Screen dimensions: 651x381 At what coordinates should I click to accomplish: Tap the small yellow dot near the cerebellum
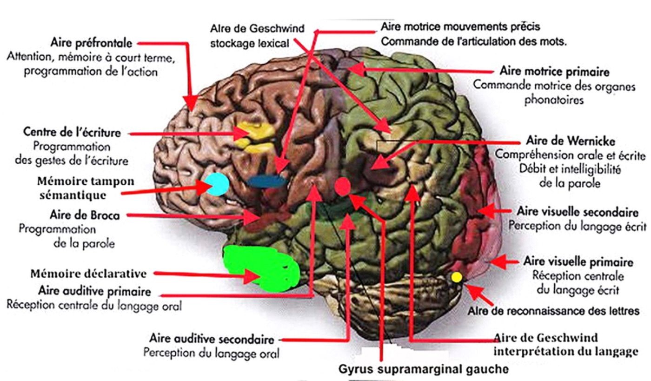coord(457,277)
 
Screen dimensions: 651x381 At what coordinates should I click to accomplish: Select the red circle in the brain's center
coord(343,186)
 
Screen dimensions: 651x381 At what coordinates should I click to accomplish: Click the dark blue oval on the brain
coord(266,181)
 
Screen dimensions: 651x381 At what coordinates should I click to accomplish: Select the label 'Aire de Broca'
coord(85,216)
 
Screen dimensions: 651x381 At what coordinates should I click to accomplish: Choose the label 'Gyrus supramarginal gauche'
coord(422,370)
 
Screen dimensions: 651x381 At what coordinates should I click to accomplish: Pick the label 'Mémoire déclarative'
coord(88,274)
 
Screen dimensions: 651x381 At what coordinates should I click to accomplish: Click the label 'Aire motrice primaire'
coord(554,72)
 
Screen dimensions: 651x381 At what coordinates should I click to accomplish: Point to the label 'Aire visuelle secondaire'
coord(577,212)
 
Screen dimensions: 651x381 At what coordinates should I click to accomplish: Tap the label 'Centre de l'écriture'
coord(72,132)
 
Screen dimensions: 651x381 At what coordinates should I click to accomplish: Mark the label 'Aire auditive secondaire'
coord(212,339)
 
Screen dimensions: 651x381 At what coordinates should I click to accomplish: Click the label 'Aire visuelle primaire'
coord(578,261)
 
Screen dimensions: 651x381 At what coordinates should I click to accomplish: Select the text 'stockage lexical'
coord(250,43)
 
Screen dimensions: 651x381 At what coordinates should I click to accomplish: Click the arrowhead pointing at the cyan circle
coord(204,187)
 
